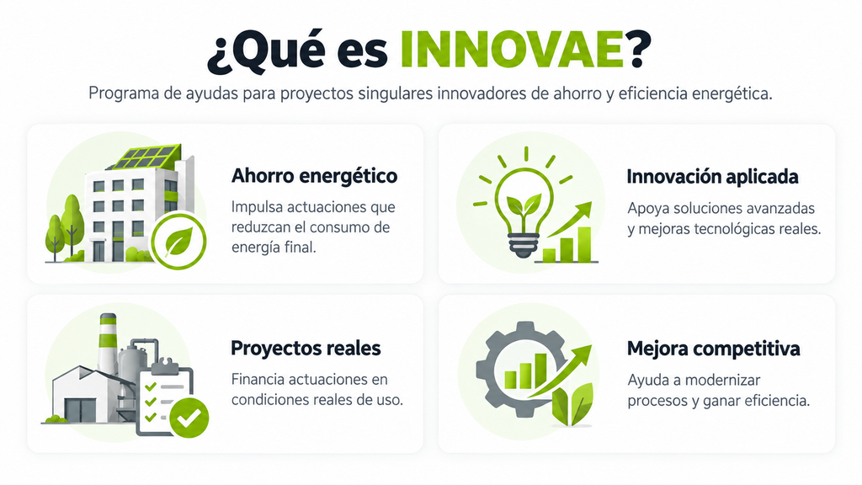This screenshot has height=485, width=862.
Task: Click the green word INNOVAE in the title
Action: coord(512,50)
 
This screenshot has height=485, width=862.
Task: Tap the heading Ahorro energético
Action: coord(314,177)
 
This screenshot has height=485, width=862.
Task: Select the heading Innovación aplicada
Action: coord(712,177)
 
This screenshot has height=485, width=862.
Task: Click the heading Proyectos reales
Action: coord(306,348)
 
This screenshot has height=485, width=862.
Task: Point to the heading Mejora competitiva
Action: coord(714,349)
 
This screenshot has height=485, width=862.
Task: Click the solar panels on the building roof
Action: coord(146,157)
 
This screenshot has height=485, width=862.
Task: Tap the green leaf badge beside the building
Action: coord(178,241)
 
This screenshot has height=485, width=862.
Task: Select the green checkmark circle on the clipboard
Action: coord(189,418)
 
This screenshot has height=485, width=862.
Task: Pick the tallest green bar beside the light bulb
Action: coord(584,244)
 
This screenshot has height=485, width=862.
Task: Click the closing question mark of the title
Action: coord(638,50)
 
